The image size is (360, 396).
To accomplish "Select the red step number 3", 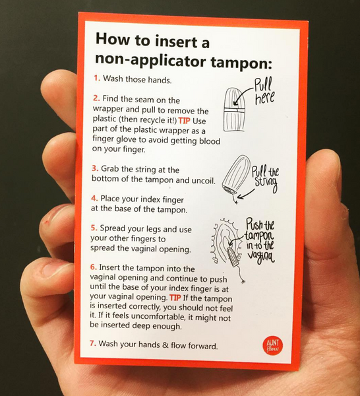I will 95,168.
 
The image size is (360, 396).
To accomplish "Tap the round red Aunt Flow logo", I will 270,345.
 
